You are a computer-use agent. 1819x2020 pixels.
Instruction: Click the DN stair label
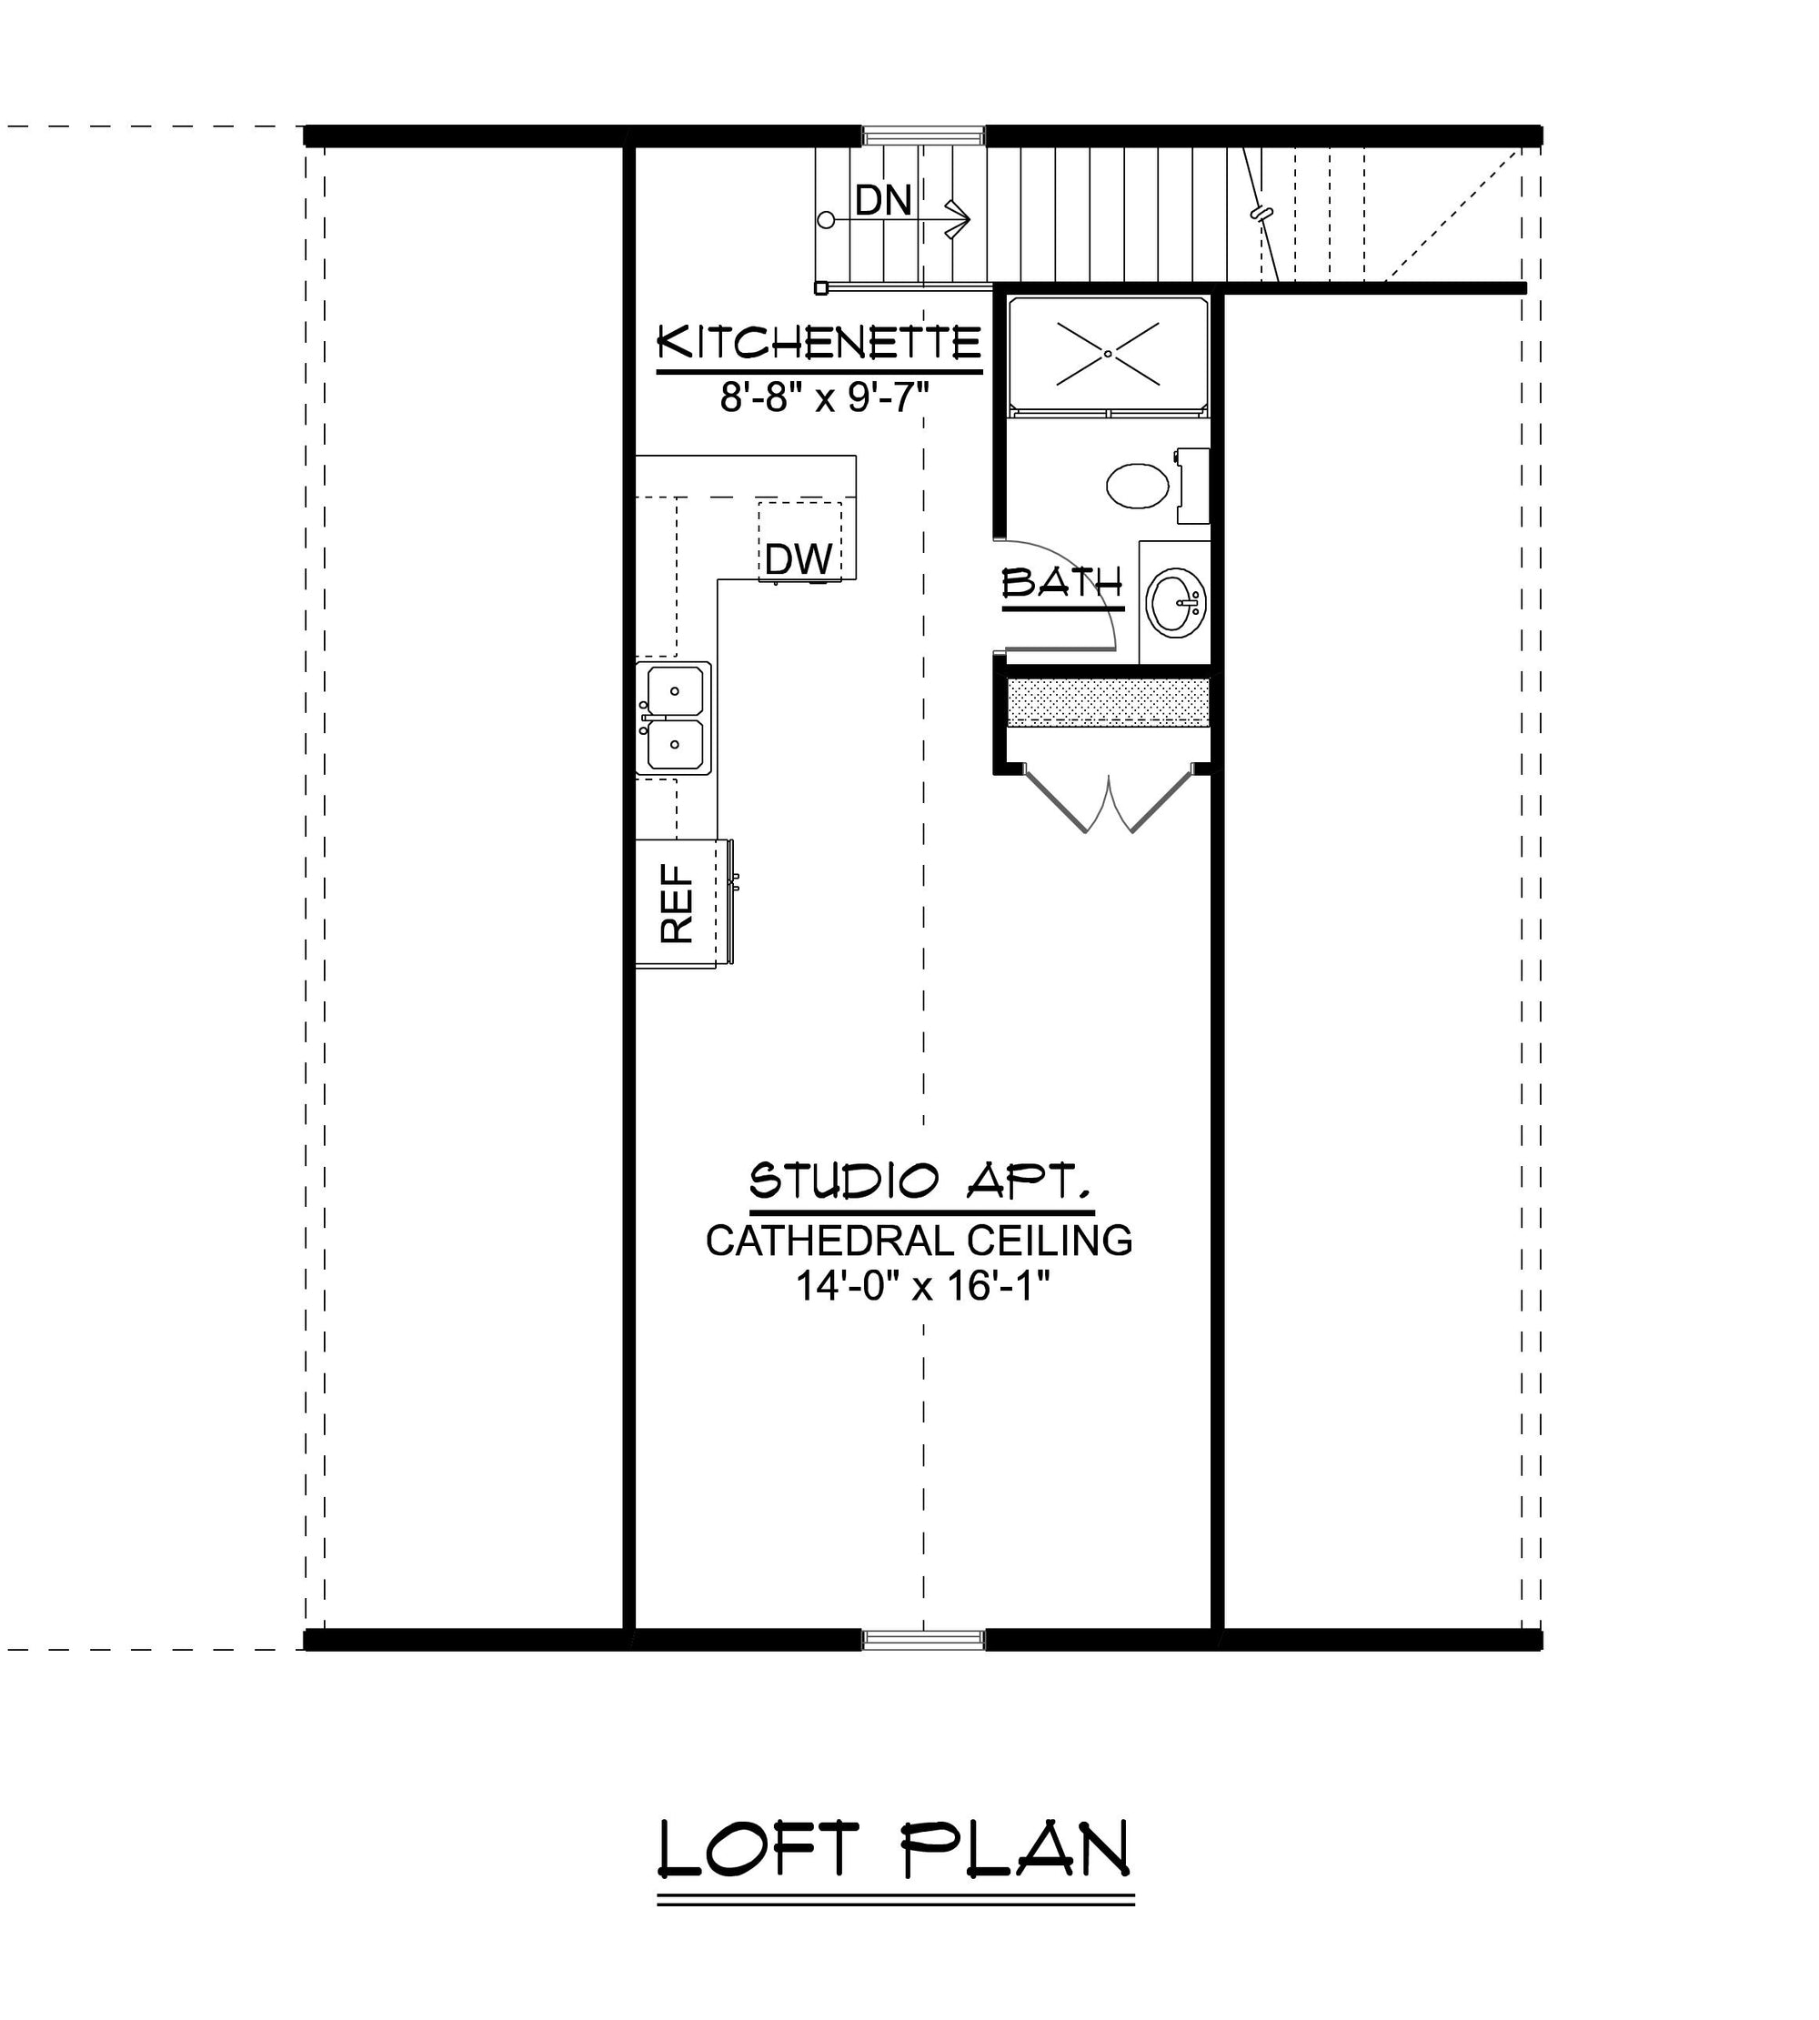882,201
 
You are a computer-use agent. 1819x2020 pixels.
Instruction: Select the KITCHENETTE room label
819,342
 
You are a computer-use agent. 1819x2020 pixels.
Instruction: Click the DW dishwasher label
799,559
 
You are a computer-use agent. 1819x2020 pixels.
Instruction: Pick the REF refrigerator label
677,903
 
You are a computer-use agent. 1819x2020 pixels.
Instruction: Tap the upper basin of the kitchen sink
675,690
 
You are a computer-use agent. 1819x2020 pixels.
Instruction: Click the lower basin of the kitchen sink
675,746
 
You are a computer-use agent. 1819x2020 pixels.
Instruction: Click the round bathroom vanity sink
1176,603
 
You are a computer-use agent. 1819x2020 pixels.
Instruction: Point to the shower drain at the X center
1108,354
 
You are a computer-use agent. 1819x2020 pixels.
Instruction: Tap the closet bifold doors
1109,799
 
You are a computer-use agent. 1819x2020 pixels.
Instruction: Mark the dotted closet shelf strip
1109,701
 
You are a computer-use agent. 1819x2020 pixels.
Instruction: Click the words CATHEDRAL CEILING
920,1241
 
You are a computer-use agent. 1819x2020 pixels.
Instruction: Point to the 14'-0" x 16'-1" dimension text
921,1285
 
